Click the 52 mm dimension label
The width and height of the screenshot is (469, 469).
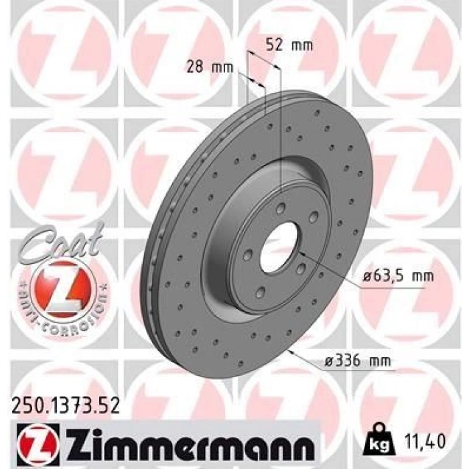(x=289, y=46)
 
